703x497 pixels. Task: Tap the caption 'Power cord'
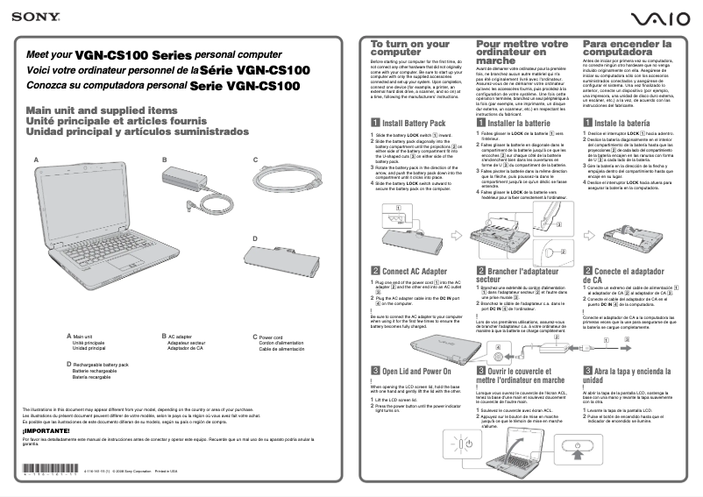(271, 337)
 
